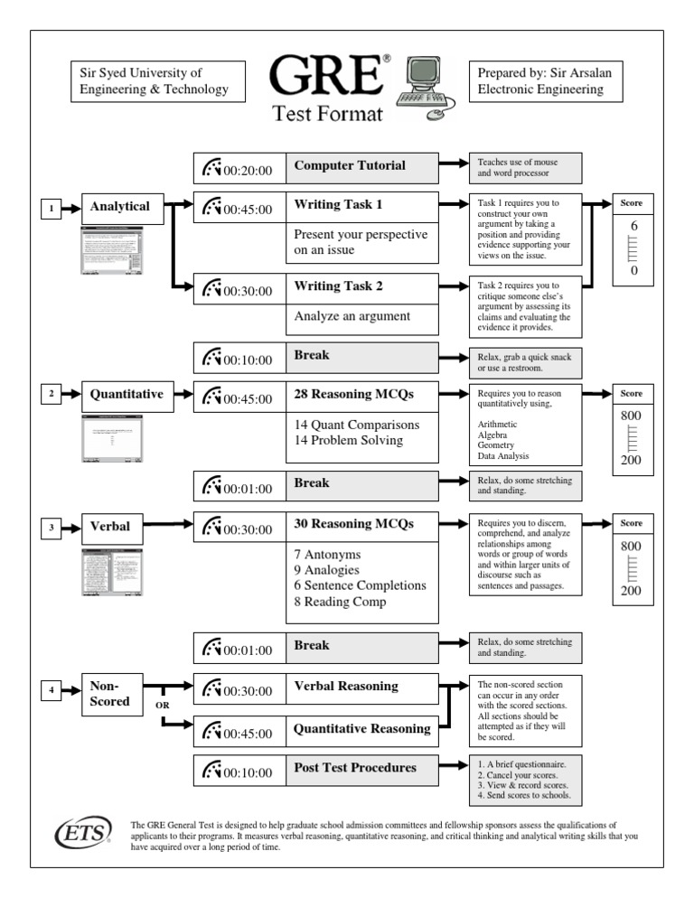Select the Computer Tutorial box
click(x=362, y=166)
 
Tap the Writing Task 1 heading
click(x=339, y=205)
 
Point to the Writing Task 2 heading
click(x=339, y=286)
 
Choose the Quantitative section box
click(x=127, y=395)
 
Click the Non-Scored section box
click(x=111, y=693)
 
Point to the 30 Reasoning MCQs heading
click(x=353, y=523)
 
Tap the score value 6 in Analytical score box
click(x=634, y=226)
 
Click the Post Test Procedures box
click(x=362, y=769)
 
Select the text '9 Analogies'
click(x=327, y=570)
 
